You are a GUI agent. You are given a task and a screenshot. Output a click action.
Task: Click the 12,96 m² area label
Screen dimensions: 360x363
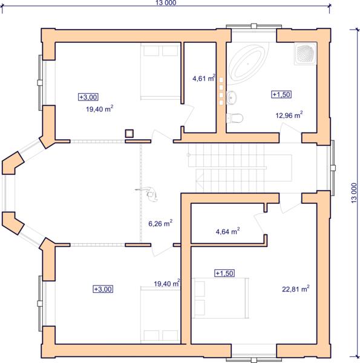coord(289,115)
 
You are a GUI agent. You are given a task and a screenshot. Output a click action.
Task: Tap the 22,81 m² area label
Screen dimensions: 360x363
coord(296,289)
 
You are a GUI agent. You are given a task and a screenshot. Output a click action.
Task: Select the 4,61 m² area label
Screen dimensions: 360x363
coord(204,78)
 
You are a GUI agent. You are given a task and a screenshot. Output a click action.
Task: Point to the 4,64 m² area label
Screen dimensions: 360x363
coord(227,231)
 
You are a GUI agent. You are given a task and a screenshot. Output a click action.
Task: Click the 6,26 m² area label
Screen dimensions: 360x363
coord(160,223)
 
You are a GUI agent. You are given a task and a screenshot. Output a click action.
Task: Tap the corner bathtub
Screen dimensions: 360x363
coord(247,63)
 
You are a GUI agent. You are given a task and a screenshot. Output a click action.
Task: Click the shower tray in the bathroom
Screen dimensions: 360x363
coord(306,54)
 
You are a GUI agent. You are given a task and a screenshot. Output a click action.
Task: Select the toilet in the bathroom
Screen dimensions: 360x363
coord(235,118)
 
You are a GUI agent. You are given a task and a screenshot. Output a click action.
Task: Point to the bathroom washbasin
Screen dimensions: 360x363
coord(231,97)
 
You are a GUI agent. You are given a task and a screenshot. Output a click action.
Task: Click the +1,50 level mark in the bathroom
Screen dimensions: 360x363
coord(281,94)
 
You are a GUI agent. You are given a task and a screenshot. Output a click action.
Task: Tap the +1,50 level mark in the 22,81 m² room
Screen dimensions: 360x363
coord(224,273)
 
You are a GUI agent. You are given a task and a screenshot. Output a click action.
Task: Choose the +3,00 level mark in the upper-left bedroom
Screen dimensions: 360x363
coord(88,97)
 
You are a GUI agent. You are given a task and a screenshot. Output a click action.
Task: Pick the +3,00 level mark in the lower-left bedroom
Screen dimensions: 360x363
coord(103,289)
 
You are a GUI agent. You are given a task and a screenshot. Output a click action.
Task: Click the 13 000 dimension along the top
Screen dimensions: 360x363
coord(166,3)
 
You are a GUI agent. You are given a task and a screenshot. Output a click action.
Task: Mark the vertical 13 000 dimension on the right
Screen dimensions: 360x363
coord(354,193)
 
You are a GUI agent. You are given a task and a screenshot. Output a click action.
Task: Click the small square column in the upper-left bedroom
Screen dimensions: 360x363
coord(129,134)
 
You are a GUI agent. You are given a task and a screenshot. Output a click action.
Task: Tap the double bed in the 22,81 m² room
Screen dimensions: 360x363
coord(220,298)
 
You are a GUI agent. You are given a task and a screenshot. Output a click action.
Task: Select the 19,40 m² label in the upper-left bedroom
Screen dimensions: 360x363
coord(100,108)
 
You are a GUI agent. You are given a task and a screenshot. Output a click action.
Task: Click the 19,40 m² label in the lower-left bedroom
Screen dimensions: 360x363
coord(167,283)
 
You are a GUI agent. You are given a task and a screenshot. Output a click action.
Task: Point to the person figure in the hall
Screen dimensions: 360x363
coord(148,194)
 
